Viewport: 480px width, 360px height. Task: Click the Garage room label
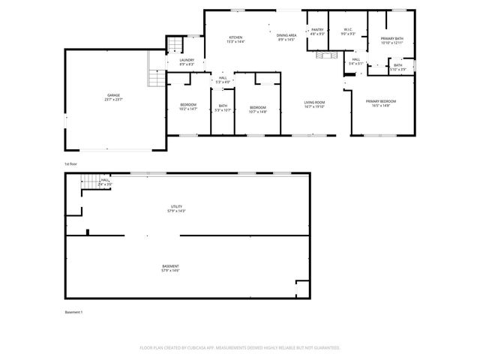[113, 95]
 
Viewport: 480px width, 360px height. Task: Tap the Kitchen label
[235, 37]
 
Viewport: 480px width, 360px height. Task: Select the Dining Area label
[286, 35]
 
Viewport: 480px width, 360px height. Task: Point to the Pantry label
[317, 30]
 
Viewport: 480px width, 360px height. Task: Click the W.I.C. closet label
[348, 30]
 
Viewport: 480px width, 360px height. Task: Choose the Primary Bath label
[392, 39]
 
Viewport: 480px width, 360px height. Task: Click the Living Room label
[314, 102]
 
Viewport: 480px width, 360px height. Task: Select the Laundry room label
[187, 60]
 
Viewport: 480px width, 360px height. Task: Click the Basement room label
[171, 266]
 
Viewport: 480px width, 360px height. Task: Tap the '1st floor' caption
[70, 163]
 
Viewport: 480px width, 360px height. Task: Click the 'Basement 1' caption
[73, 311]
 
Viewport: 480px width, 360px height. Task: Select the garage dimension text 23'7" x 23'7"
[113, 99]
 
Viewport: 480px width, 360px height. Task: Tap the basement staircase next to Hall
[89, 181]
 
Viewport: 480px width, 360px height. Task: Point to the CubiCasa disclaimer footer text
[240, 347]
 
